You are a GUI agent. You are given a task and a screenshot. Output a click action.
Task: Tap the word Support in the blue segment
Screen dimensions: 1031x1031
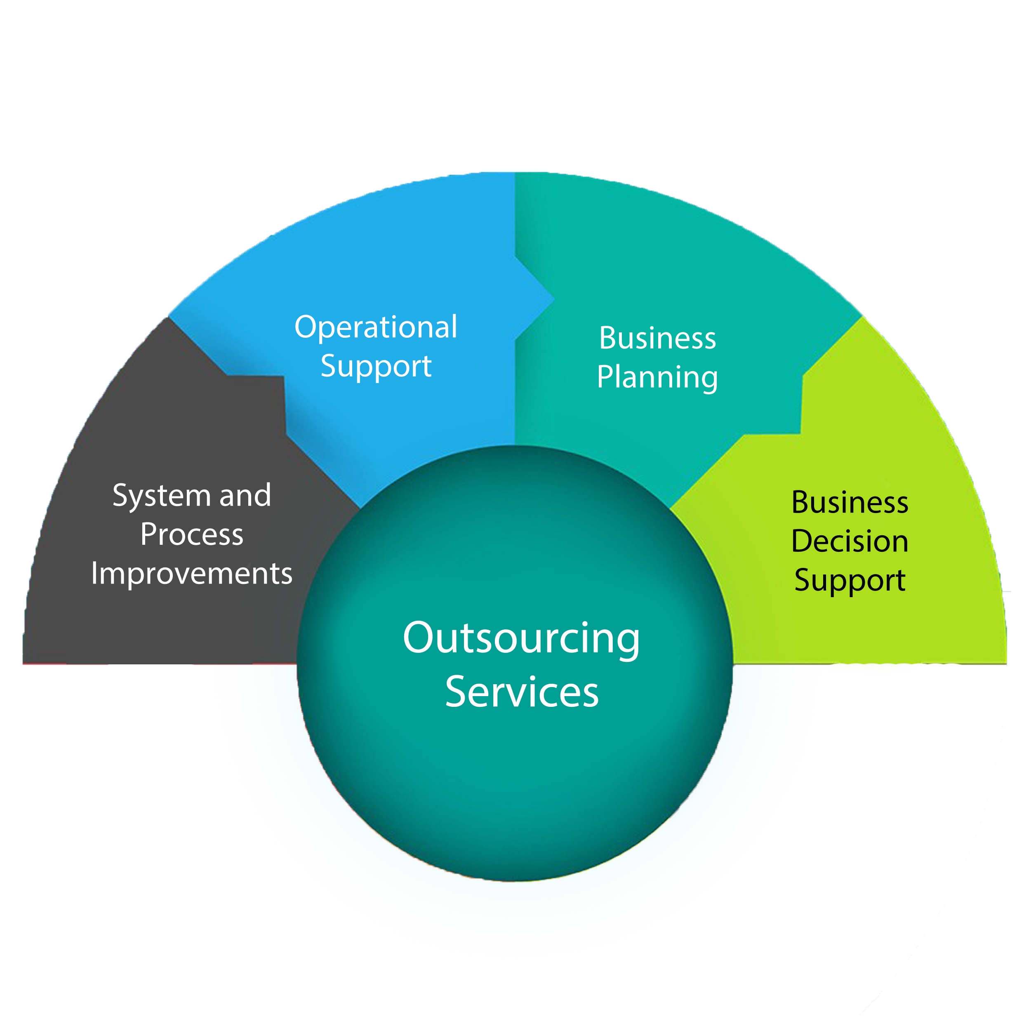click(376, 366)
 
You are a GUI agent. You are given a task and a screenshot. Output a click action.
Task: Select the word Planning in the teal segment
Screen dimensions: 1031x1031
click(657, 377)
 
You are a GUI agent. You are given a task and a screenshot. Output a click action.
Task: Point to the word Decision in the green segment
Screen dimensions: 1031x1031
click(850, 541)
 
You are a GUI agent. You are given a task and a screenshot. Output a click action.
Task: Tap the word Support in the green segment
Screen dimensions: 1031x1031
click(850, 580)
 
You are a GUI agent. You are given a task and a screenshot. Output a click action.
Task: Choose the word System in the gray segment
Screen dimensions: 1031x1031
click(162, 496)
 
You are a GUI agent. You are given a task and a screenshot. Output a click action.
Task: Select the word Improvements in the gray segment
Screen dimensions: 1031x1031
click(192, 574)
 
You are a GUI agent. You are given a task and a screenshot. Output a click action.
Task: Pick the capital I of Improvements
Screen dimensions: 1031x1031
click(94, 574)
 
